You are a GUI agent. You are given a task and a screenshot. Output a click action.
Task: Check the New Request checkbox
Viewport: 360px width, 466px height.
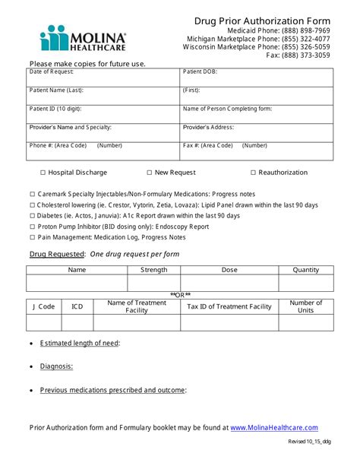click(149, 173)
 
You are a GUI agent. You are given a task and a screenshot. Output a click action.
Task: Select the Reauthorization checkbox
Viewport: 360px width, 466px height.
click(253, 173)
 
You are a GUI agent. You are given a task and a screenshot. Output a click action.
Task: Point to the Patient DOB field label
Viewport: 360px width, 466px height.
click(201, 71)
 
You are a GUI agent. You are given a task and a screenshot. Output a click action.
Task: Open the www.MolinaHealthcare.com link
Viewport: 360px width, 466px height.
click(274, 428)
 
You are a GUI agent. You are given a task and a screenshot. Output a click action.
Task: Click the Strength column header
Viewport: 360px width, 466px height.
click(154, 270)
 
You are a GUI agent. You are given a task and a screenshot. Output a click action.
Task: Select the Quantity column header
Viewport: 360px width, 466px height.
click(306, 270)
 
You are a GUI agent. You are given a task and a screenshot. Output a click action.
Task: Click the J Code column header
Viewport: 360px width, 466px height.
click(44, 306)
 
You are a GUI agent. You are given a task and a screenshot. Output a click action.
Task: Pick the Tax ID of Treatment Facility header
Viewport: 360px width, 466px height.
click(229, 306)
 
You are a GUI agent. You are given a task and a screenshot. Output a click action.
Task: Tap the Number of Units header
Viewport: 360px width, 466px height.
click(306, 306)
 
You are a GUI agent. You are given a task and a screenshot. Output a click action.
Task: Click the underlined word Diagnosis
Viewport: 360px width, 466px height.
click(57, 366)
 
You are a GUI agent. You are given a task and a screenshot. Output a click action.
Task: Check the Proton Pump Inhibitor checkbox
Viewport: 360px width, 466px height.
click(32, 227)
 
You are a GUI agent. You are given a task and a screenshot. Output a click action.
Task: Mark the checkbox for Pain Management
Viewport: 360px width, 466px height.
click(32, 237)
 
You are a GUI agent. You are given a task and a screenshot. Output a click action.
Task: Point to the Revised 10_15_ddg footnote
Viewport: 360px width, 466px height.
click(309, 442)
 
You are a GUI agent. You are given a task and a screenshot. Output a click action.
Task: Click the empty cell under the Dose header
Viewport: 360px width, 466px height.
click(229, 284)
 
